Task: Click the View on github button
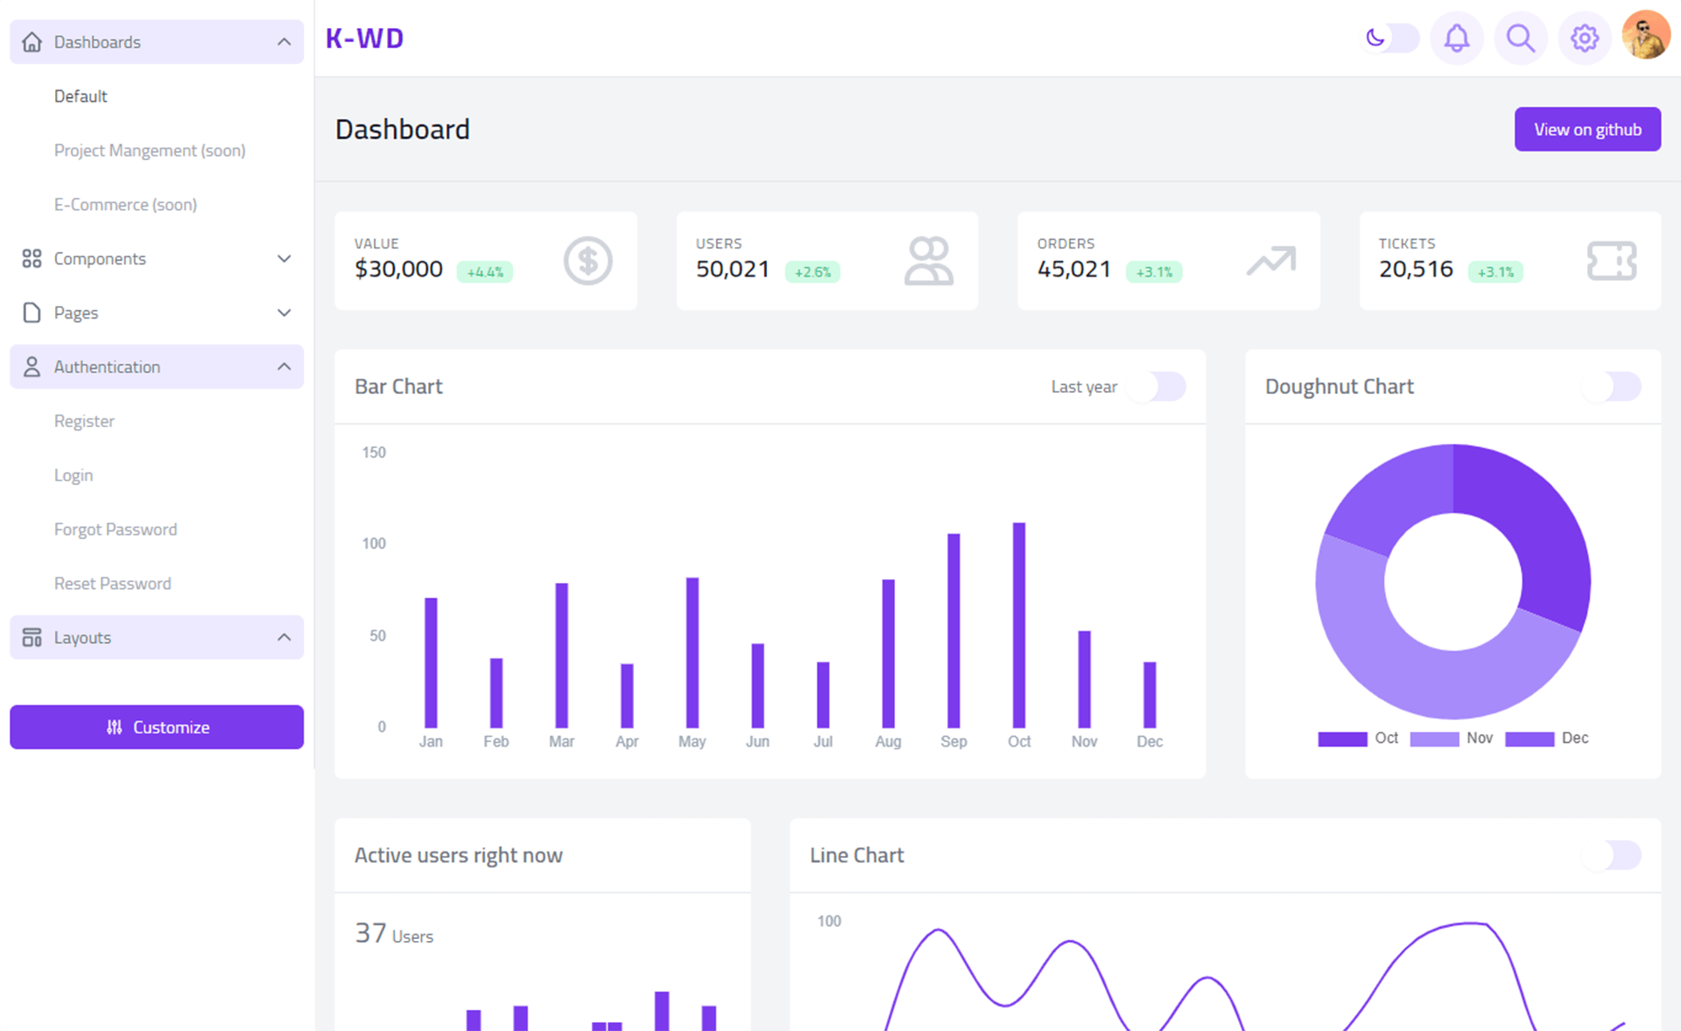(x=1586, y=130)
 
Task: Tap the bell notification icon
(x=1456, y=39)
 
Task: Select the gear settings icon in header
(x=1584, y=39)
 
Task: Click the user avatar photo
(x=1645, y=36)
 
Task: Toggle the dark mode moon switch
(x=1390, y=39)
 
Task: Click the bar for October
(x=1018, y=625)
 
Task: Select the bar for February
(x=496, y=692)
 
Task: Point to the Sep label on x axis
(x=953, y=741)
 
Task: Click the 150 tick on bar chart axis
(x=374, y=452)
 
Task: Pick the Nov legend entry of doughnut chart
(x=1452, y=739)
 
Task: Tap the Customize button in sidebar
(x=157, y=727)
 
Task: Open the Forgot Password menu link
(x=116, y=530)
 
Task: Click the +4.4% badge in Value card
(x=484, y=272)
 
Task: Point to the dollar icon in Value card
(x=587, y=261)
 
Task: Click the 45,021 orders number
(x=1073, y=270)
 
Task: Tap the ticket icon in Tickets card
(x=1611, y=261)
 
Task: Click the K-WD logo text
(x=364, y=39)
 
